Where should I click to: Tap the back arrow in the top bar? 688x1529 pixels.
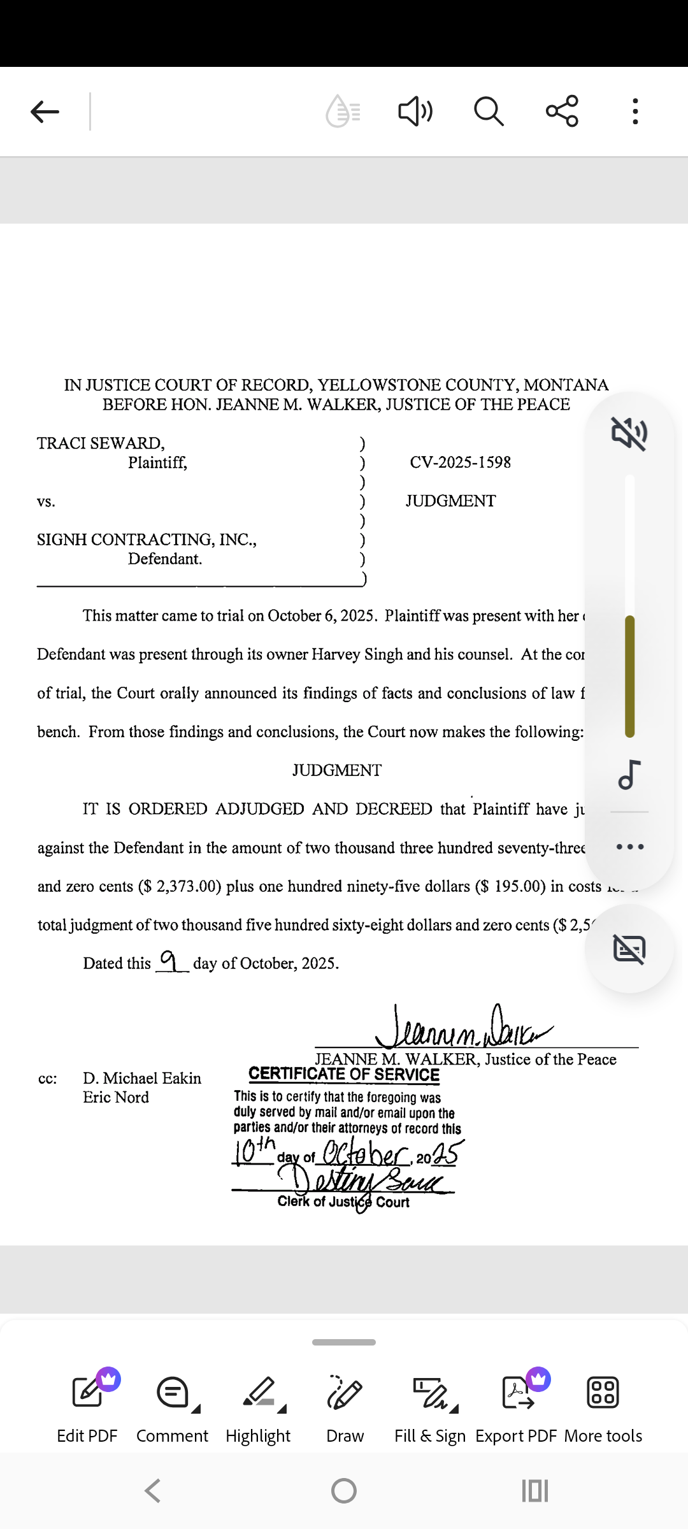click(45, 111)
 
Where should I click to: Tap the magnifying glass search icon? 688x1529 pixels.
click(489, 111)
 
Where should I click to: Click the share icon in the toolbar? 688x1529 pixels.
click(562, 111)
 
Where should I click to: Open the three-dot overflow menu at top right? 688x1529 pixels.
click(634, 111)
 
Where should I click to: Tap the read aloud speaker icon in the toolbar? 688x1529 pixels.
click(415, 111)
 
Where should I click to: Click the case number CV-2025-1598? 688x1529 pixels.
click(460, 463)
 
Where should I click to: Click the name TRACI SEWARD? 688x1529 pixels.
click(101, 443)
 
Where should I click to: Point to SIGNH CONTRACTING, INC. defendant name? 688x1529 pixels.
click(147, 540)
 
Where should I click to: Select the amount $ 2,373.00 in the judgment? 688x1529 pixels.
click(180, 887)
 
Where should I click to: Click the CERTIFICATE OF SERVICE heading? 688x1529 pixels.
click(344, 1074)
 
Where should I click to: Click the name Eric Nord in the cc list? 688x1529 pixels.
click(116, 1098)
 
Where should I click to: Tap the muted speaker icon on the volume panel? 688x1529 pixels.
click(629, 434)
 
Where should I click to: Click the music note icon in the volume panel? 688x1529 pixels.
click(629, 775)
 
